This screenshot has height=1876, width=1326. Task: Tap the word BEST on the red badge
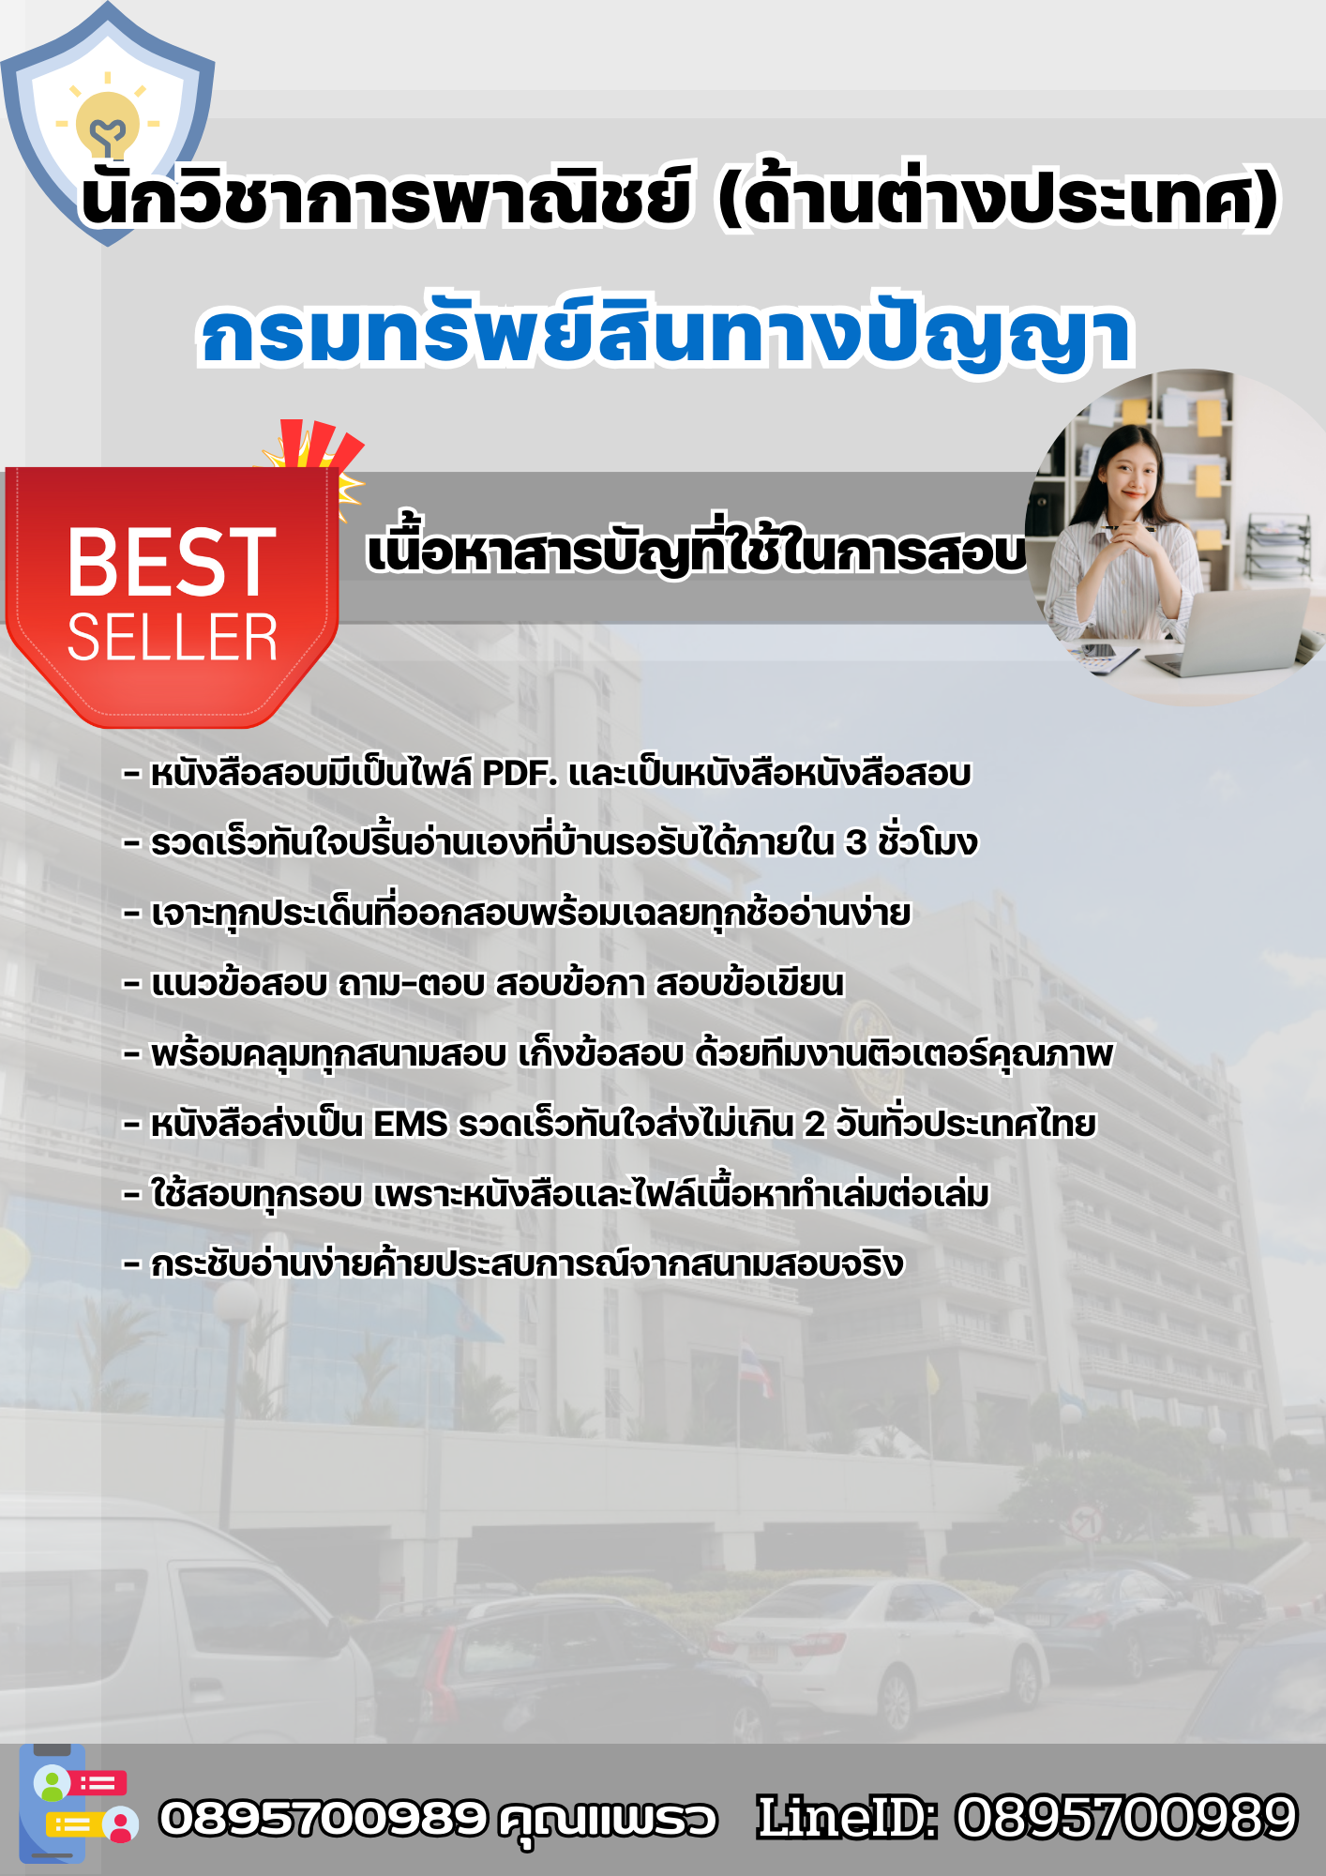click(172, 562)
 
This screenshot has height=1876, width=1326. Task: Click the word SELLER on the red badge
click(173, 638)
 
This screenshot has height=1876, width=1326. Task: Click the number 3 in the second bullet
click(855, 843)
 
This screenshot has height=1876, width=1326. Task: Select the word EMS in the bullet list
click(410, 1124)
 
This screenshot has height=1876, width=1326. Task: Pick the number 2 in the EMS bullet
click(814, 1124)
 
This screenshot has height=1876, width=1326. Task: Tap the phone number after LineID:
click(1126, 1817)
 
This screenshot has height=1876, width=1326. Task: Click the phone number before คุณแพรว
click(324, 1818)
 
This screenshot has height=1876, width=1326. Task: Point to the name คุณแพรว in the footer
click(608, 1820)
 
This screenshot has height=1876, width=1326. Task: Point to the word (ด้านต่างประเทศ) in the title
click(998, 198)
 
